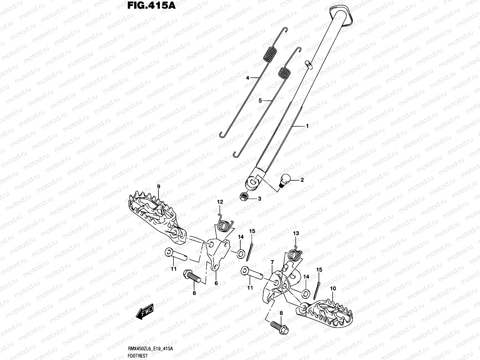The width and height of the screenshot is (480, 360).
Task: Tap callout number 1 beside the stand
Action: pyautogui.click(x=307, y=126)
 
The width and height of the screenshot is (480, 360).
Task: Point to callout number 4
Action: pyautogui.click(x=247, y=78)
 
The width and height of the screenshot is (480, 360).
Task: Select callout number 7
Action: pyautogui.click(x=272, y=262)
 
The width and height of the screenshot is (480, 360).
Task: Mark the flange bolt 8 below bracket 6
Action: pyautogui.click(x=192, y=276)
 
